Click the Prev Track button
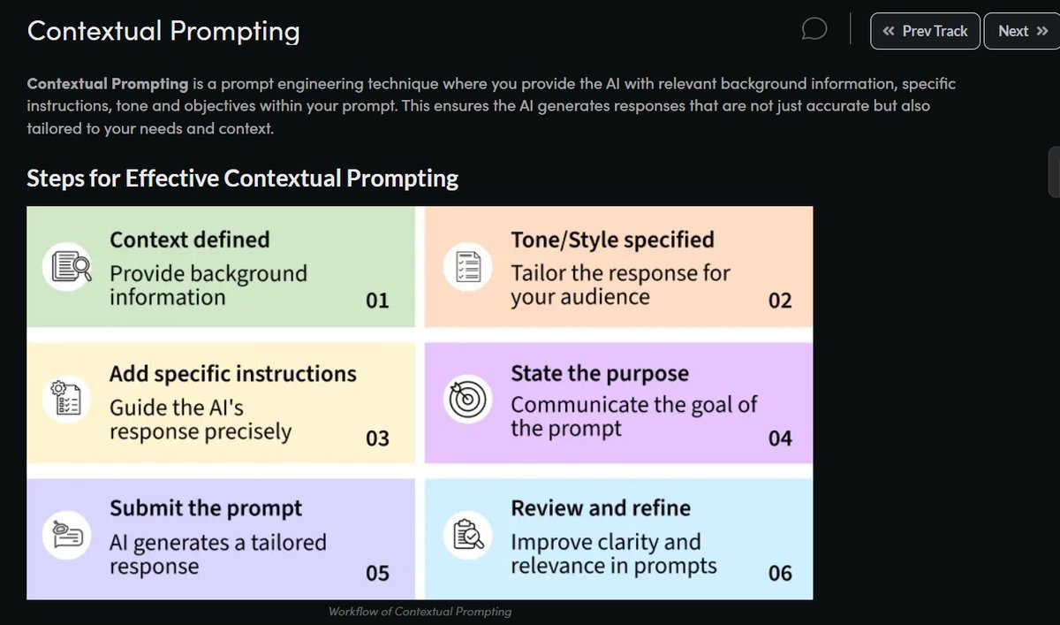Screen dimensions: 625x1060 click(x=925, y=31)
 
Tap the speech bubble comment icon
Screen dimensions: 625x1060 click(x=814, y=30)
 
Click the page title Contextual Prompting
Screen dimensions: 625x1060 click(x=163, y=31)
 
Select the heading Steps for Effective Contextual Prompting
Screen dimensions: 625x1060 click(x=243, y=178)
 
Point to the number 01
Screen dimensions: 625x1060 click(x=377, y=301)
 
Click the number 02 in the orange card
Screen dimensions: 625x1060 click(x=780, y=301)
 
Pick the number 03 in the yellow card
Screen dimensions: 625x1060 click(x=377, y=438)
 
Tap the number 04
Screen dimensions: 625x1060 click(x=780, y=438)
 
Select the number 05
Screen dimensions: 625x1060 click(x=377, y=574)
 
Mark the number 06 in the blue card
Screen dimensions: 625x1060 click(x=780, y=574)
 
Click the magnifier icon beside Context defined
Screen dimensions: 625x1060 click(x=68, y=267)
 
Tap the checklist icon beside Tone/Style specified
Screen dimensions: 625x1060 click(x=468, y=267)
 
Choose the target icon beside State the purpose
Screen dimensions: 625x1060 click(x=468, y=401)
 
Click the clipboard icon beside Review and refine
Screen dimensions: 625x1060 click(x=468, y=536)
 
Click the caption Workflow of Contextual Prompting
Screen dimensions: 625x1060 click(x=420, y=612)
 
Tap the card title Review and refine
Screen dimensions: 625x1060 click(x=601, y=508)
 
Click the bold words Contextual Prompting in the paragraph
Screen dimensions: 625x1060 click(x=108, y=85)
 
